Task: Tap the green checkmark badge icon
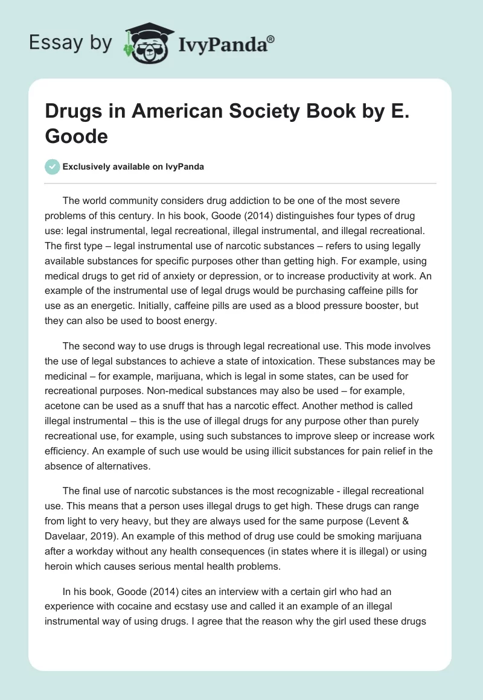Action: point(53,167)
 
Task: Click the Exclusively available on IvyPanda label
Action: point(133,167)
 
